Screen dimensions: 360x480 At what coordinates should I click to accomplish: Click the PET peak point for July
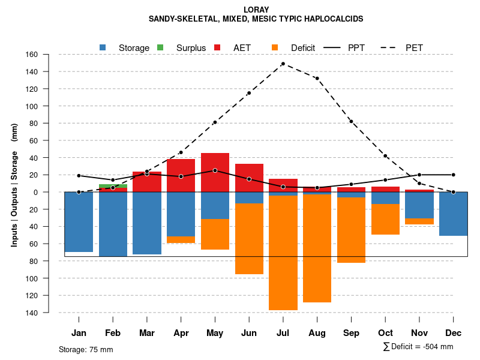point(283,64)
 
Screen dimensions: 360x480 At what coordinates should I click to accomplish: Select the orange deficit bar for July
point(283,253)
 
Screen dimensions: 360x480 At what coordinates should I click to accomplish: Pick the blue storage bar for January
point(79,222)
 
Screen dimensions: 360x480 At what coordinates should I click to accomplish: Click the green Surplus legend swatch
point(160,47)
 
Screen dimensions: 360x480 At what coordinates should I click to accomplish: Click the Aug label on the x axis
point(317,333)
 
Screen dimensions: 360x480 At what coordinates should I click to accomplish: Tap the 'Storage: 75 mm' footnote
point(86,349)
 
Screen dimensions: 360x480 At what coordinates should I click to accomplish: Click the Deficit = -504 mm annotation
point(418,347)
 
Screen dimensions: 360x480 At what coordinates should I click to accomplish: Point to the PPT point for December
point(454,175)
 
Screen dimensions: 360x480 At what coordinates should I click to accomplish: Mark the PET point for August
point(317,79)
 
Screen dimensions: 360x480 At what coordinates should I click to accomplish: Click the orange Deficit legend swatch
point(275,47)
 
